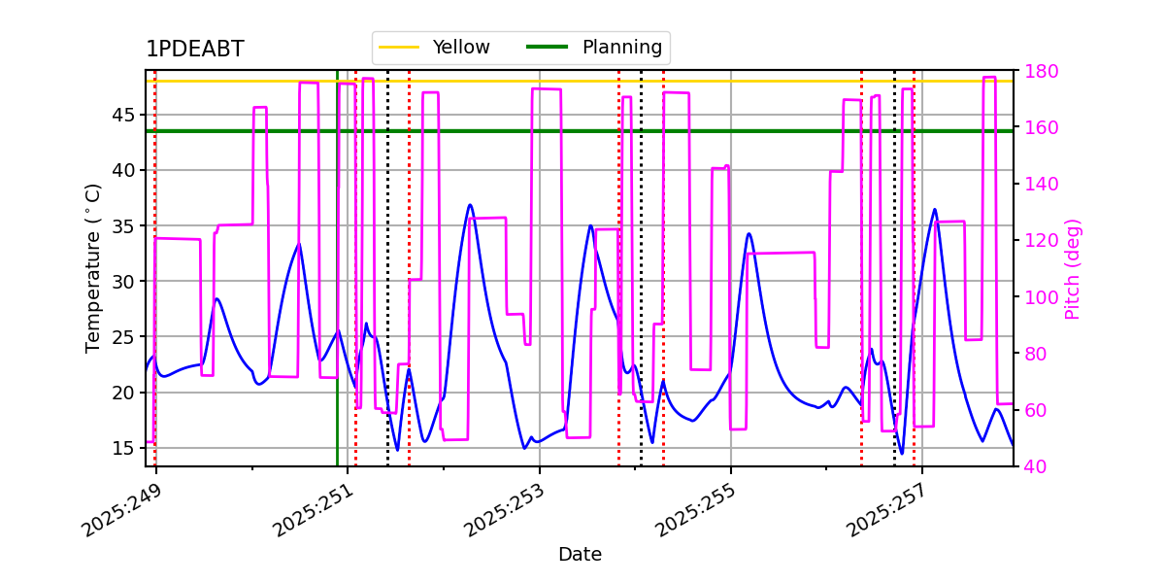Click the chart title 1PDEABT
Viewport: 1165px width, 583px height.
[195, 49]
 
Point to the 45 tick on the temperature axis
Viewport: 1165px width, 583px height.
[122, 115]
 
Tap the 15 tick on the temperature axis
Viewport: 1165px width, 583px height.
[122, 448]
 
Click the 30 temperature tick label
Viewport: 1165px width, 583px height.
[122, 282]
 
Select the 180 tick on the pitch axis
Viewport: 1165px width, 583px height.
[1041, 71]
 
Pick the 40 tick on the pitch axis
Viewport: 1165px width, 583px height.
[1036, 466]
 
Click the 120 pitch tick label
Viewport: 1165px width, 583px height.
[1041, 241]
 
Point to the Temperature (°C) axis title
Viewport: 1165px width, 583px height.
[92, 268]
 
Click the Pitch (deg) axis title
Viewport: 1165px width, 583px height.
[1073, 269]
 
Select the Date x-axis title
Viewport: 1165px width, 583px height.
[580, 555]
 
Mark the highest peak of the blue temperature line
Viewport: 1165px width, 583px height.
[470, 205]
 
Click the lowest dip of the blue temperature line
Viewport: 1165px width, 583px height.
[902, 454]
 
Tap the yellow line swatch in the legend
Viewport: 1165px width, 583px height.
[399, 48]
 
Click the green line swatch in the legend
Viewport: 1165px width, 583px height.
[548, 48]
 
